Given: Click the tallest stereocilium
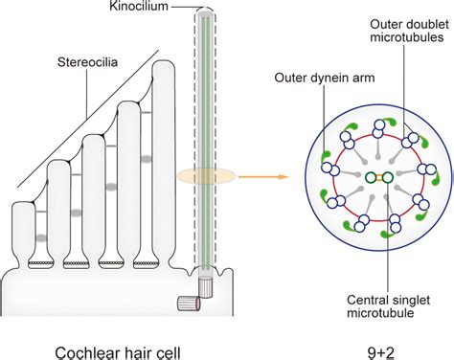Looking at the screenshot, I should [155, 182].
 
